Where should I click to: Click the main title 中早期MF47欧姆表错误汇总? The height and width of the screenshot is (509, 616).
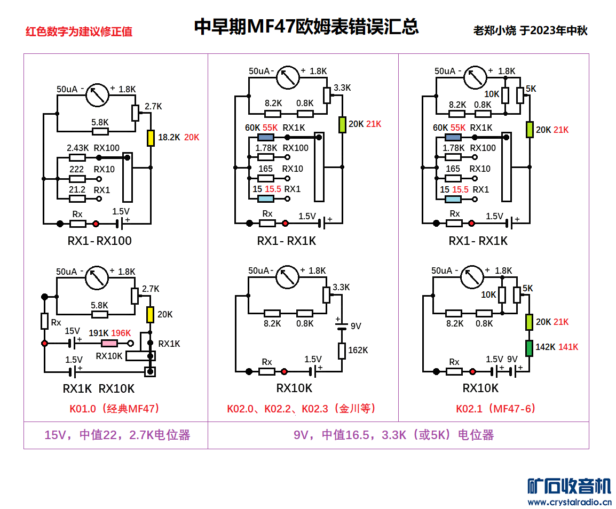306,27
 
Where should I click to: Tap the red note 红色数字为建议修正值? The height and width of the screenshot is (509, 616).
79,31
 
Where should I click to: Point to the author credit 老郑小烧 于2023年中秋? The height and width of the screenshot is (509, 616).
530,30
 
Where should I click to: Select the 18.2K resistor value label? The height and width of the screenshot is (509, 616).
169,137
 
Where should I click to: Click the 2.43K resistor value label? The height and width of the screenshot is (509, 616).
78,148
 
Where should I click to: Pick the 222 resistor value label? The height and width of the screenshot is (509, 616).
77,169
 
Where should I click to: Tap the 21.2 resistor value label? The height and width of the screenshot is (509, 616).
77,189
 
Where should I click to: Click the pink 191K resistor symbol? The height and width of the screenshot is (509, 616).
110,344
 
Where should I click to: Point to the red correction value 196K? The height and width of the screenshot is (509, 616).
121,333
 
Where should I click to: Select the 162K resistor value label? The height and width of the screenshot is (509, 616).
358,351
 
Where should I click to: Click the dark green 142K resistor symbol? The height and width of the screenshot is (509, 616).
529,348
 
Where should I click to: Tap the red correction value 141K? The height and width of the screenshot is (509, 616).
568,347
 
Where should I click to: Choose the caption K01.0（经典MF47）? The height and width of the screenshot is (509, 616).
115,409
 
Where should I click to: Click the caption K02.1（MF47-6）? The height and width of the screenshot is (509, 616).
496,409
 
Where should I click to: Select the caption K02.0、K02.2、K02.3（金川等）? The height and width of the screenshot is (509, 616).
302,409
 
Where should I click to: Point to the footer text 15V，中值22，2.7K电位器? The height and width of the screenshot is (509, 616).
117,435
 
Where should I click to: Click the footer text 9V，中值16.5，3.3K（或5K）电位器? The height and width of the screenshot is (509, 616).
394,435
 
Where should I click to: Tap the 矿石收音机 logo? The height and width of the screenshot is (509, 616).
569,486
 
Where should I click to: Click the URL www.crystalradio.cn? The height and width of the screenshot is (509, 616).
569,502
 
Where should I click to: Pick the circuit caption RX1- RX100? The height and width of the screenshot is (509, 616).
100,241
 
